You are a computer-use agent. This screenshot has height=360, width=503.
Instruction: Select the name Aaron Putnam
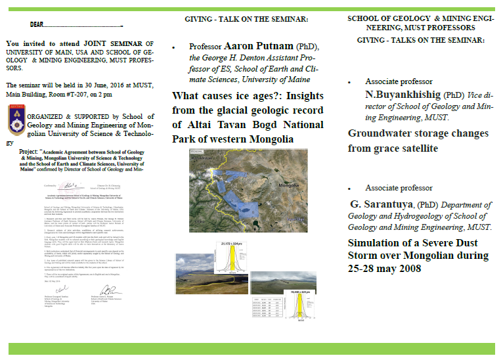[x=259, y=47]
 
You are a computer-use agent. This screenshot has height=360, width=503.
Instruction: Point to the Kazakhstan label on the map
[x=204, y=160]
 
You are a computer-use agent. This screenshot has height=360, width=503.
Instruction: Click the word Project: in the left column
[x=32, y=150]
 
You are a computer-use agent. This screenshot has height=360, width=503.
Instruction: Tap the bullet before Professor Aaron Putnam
[x=174, y=48]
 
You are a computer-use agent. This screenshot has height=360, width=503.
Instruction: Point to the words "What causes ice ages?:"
[x=225, y=95]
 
